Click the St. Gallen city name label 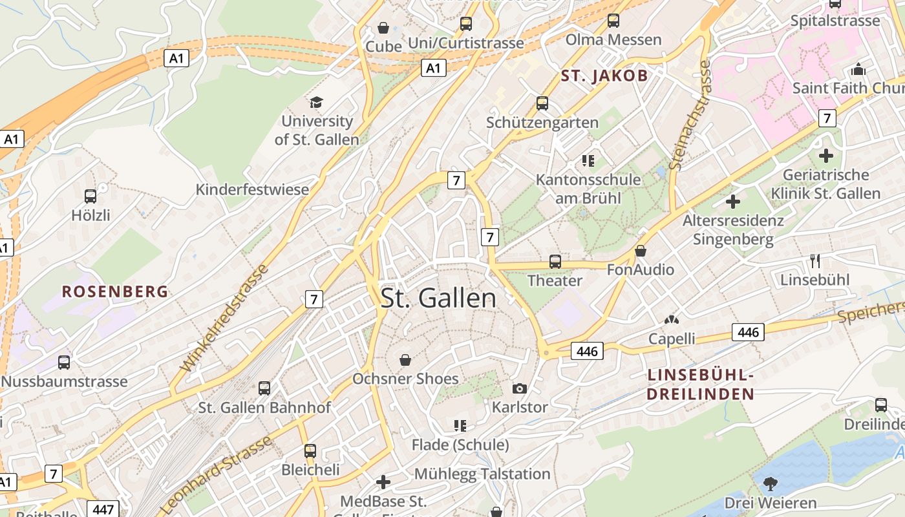438,298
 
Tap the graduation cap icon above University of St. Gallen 316,102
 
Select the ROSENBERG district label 115,291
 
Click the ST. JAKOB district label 604,76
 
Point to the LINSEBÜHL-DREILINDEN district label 701,385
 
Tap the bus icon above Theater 555,262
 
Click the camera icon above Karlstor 519,388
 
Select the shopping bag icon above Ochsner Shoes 405,360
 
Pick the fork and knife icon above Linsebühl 815,261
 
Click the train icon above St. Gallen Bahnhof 264,388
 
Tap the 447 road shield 103,509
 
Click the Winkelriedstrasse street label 224,318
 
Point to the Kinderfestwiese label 252,190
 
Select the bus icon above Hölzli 90,196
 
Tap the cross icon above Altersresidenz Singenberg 732,202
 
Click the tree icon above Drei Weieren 770,483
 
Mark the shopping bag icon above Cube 383,28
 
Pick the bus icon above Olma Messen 613,21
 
